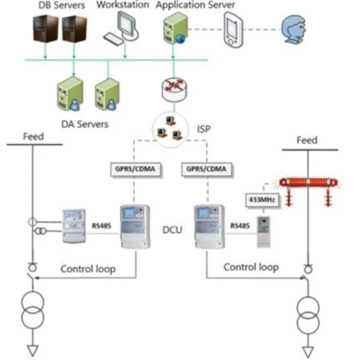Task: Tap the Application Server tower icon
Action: coord(173,28)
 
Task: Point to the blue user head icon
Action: coord(292,28)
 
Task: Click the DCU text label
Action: coord(172,230)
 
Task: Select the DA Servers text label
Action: coord(84,124)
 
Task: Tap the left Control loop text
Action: coord(88,268)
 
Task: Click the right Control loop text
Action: coord(251,267)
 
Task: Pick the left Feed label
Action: coord(34,137)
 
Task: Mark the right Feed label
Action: coord(307,140)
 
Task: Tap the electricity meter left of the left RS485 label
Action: coord(74,227)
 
